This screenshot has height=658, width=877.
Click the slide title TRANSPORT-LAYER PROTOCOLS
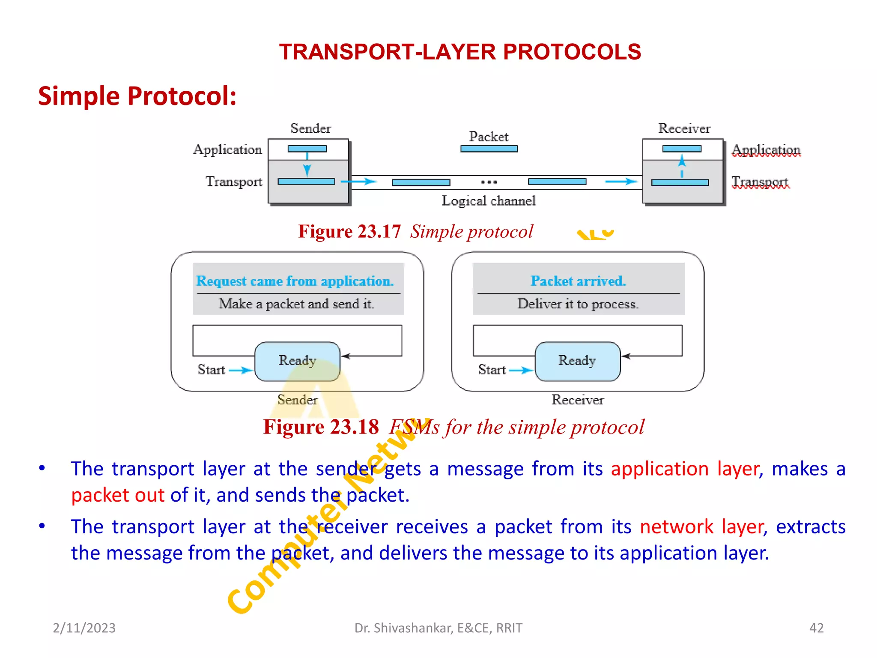pos(459,52)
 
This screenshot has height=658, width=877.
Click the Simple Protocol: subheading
pos(137,96)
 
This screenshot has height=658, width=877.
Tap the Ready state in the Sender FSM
pos(297,361)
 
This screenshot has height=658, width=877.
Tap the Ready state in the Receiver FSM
pos(577,361)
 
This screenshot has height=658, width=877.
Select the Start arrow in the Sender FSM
pos(241,370)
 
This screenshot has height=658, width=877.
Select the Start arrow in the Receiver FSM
pos(521,370)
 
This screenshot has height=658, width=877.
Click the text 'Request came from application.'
pos(295,281)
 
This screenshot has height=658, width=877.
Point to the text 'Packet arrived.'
pos(578,281)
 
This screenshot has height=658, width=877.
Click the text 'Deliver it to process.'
pos(578,304)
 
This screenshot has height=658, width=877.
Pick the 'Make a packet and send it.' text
pos(296,304)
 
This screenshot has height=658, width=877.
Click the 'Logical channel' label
pos(489,200)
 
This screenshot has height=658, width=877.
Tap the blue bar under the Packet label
pos(489,149)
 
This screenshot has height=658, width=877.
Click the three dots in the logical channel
pos(489,182)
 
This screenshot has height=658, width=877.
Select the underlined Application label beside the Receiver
pos(766,150)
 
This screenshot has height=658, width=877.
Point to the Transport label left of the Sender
pos(234,181)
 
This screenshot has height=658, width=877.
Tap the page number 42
pos(816,628)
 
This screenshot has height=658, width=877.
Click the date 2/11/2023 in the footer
pos(84,628)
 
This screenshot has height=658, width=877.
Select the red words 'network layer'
pos(701,526)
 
